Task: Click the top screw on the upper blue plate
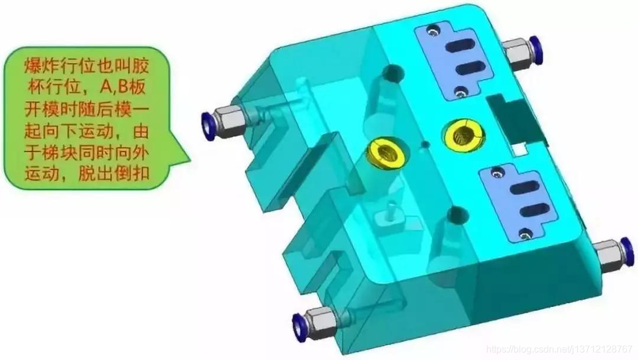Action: (432, 30)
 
